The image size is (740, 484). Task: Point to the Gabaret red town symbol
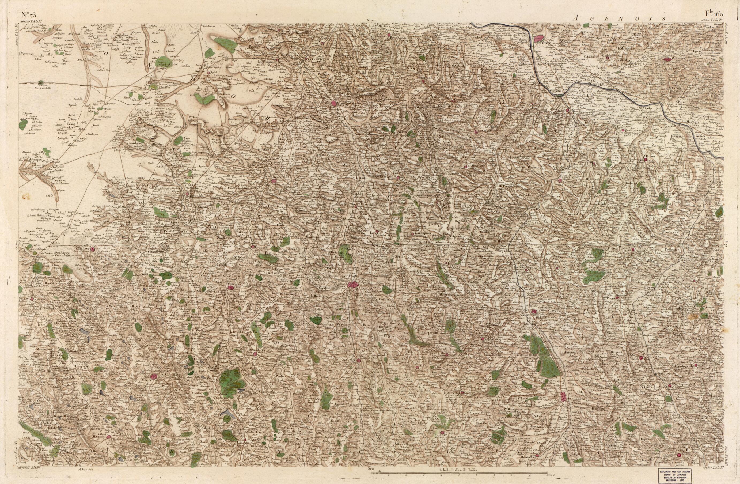pyautogui.click(x=93, y=248)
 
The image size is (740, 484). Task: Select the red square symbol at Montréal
pyautogui.click(x=230, y=288)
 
